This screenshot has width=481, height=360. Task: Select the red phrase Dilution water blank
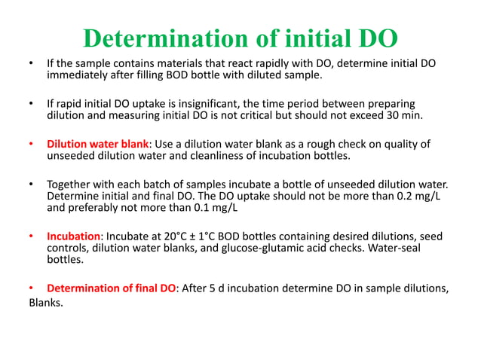pos(98,144)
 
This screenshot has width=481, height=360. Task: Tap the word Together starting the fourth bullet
pos(72,184)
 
